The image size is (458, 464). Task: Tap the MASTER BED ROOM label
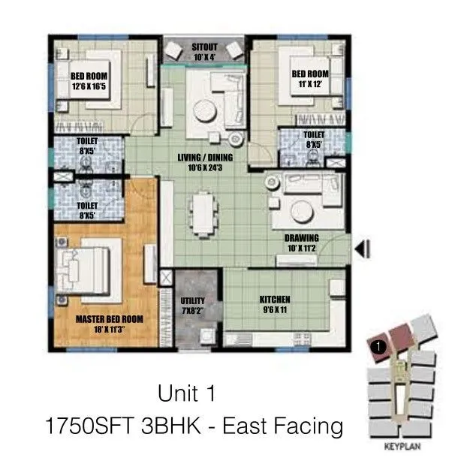pos(109,318)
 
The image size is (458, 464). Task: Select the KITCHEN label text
pos(275,299)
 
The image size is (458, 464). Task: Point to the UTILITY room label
pos(193,301)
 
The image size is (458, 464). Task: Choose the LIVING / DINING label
pos(205,158)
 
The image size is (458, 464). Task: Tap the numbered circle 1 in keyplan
pos(379,347)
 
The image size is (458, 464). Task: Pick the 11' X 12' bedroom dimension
pos(311,85)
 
